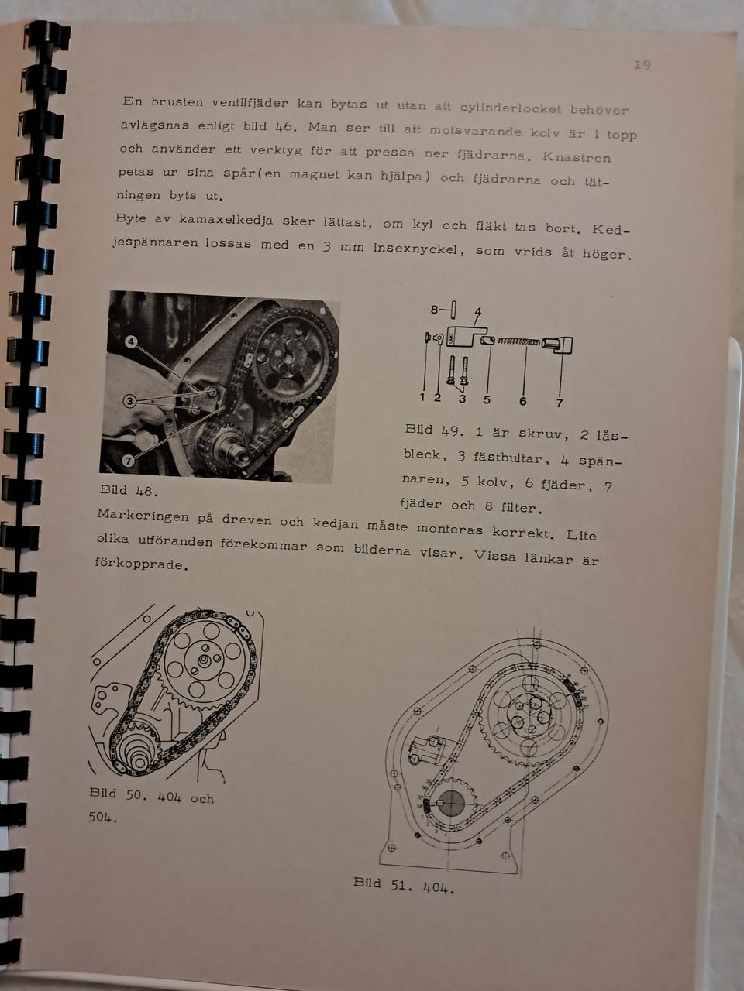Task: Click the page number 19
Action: [642, 66]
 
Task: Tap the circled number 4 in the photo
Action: [131, 341]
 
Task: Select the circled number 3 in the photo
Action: [129, 401]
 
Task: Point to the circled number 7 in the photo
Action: [129, 460]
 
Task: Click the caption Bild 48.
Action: [129, 490]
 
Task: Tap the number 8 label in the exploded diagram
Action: [434, 310]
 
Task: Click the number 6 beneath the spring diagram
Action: [522, 401]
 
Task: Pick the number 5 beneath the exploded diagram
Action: [487, 399]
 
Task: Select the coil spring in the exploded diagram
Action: [518, 342]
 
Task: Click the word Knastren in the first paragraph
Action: [577, 158]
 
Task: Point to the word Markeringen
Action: [143, 516]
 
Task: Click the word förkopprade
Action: [141, 564]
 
